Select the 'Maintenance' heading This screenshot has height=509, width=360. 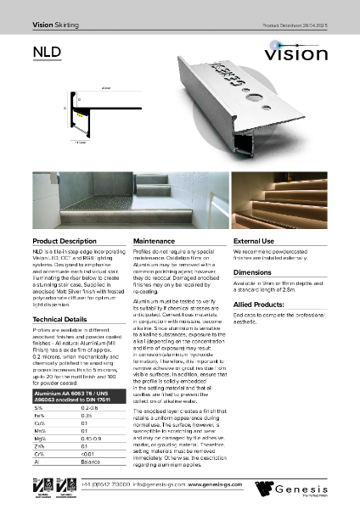(x=155, y=242)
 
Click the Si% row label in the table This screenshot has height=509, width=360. (x=38, y=408)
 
